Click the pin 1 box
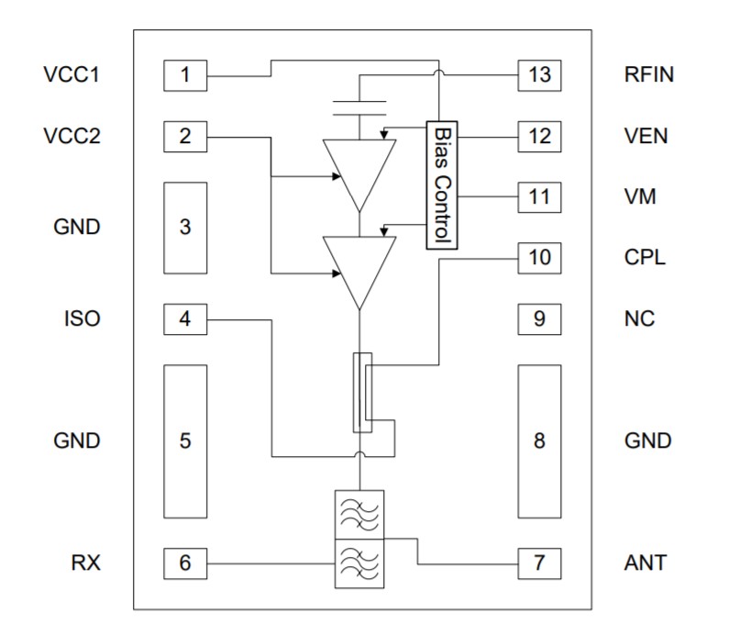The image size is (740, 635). (185, 75)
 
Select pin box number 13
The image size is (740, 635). (539, 75)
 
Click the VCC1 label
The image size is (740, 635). (71, 75)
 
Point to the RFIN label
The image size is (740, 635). (648, 75)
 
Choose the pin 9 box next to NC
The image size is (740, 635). (539, 318)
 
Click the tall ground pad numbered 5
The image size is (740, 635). (185, 440)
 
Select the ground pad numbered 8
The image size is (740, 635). (539, 440)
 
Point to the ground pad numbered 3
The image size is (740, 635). (185, 227)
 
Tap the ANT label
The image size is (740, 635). (646, 563)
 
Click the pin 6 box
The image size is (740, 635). (185, 563)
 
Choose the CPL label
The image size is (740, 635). (645, 257)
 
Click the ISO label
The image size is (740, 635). (83, 318)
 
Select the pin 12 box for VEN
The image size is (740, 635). (539, 137)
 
